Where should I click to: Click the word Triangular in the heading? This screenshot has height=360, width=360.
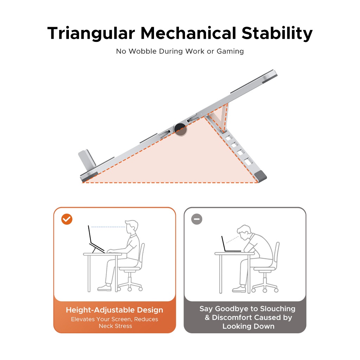pyautogui.click(x=91, y=33)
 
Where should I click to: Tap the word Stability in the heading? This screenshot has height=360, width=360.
pyautogui.click(x=277, y=33)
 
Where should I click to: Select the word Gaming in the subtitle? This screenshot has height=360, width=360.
pyautogui.click(x=230, y=51)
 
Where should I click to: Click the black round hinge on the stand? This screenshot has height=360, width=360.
pyautogui.click(x=180, y=129)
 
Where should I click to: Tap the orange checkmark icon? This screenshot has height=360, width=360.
pyautogui.click(x=67, y=219)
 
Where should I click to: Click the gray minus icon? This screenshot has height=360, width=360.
pyautogui.click(x=197, y=219)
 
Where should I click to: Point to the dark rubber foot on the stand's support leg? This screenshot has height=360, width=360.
pyautogui.click(x=261, y=176)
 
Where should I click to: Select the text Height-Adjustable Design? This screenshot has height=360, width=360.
pyautogui.click(x=114, y=310)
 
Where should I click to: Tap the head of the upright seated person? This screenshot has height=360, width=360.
pyautogui.click(x=131, y=227)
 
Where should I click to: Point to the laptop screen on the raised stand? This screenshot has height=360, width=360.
pyautogui.click(x=90, y=234)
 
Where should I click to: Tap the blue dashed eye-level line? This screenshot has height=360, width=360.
pyautogui.click(x=108, y=227)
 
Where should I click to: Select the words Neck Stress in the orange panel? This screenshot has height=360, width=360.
pyautogui.click(x=115, y=326)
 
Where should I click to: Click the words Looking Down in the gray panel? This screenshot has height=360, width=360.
pyautogui.click(x=249, y=326)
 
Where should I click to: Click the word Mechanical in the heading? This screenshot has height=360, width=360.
pyautogui.click(x=188, y=33)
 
